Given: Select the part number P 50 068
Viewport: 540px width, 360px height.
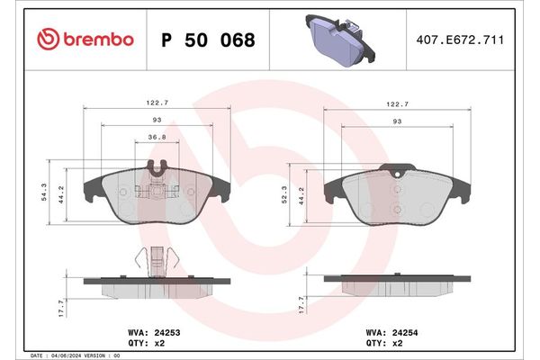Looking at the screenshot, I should pos(207,40).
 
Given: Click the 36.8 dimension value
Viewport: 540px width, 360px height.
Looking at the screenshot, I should pos(157,138).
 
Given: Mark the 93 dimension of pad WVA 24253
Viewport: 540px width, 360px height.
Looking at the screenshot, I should pos(157,120).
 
